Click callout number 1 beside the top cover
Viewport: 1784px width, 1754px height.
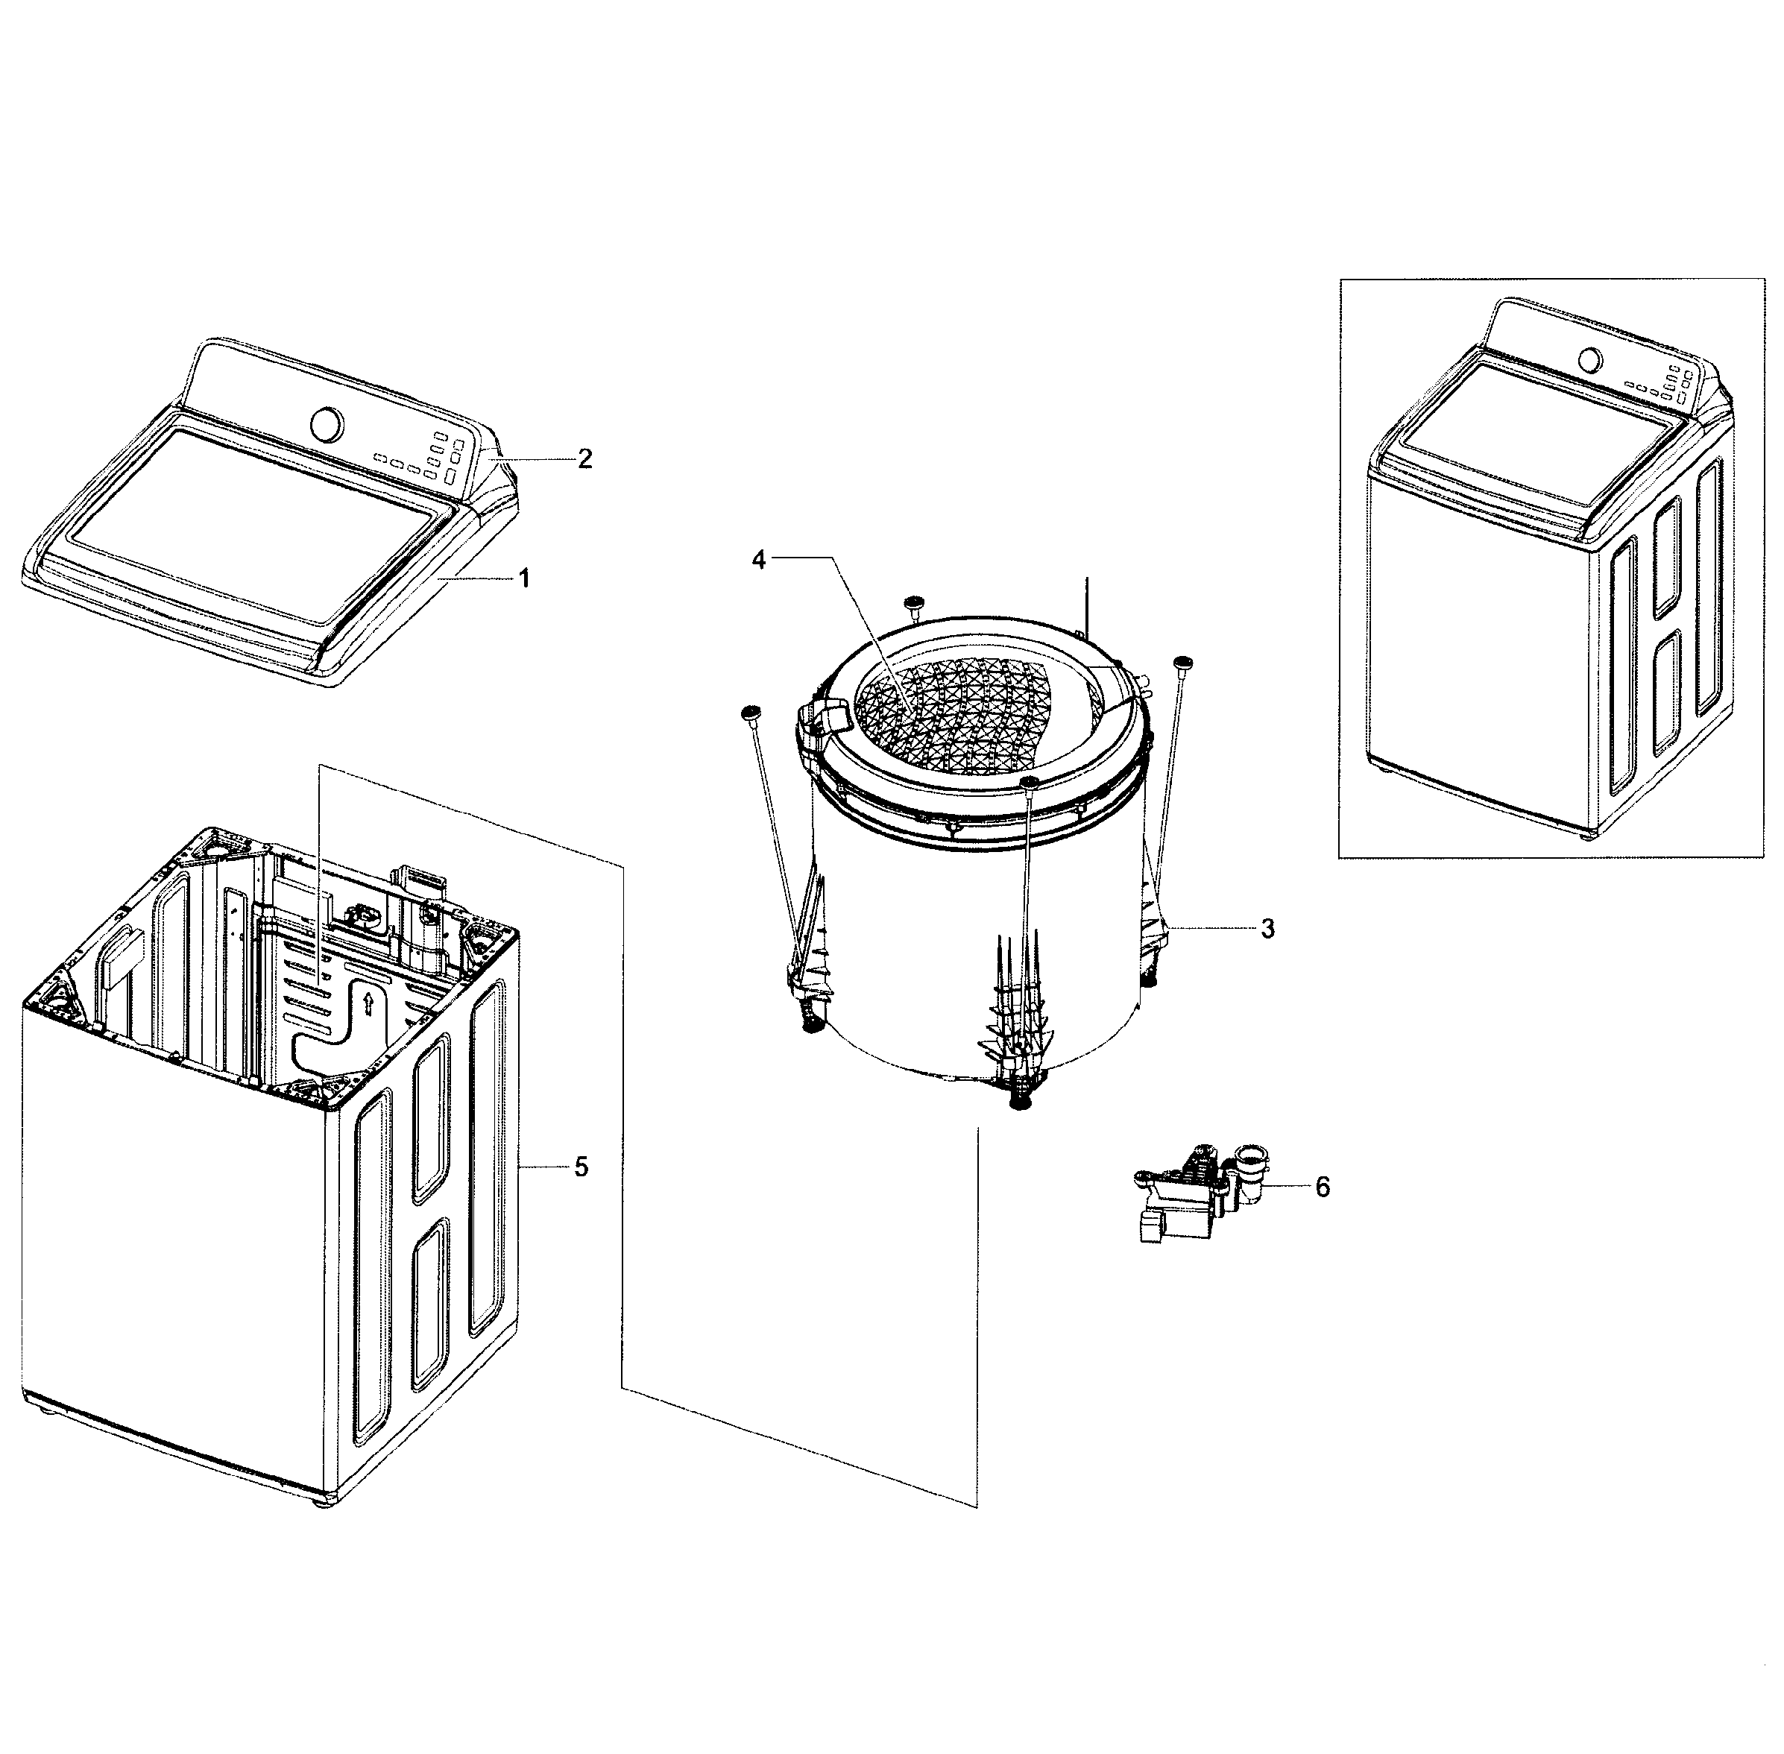click(x=523, y=578)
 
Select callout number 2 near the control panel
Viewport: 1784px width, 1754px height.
click(x=584, y=458)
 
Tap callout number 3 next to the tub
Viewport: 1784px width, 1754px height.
click(x=1267, y=929)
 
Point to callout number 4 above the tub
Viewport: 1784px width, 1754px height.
click(x=758, y=559)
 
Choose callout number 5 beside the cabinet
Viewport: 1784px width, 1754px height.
click(x=581, y=1167)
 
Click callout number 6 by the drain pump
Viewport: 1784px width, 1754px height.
click(x=1322, y=1187)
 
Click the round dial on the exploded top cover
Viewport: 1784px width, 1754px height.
click(x=327, y=423)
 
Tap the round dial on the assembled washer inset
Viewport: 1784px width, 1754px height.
click(x=1589, y=359)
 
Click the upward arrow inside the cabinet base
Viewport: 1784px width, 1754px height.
click(x=368, y=1003)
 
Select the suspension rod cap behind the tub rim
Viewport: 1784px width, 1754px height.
click(x=914, y=602)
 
